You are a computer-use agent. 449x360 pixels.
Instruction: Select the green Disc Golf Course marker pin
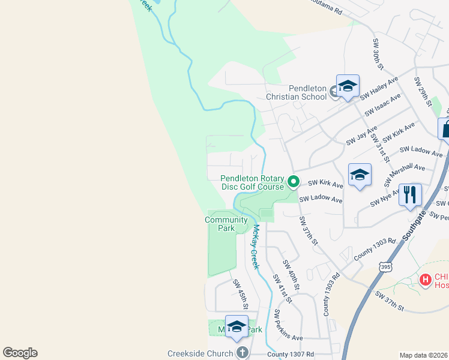[x=294, y=181]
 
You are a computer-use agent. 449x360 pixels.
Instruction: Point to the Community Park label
[x=226, y=224]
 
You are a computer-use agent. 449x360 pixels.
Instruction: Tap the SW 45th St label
[x=240, y=294]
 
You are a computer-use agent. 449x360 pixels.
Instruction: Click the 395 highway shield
[x=387, y=266]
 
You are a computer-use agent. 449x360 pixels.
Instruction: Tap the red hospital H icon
[x=425, y=279]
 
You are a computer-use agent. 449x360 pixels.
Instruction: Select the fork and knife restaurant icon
[x=411, y=194]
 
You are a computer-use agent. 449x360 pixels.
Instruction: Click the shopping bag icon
[x=445, y=128]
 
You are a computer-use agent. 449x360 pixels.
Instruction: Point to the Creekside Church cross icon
[x=242, y=353]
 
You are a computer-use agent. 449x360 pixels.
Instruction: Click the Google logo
[x=20, y=353]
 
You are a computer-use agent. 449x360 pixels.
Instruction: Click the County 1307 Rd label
[x=291, y=355]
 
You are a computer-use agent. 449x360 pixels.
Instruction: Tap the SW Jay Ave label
[x=361, y=135]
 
